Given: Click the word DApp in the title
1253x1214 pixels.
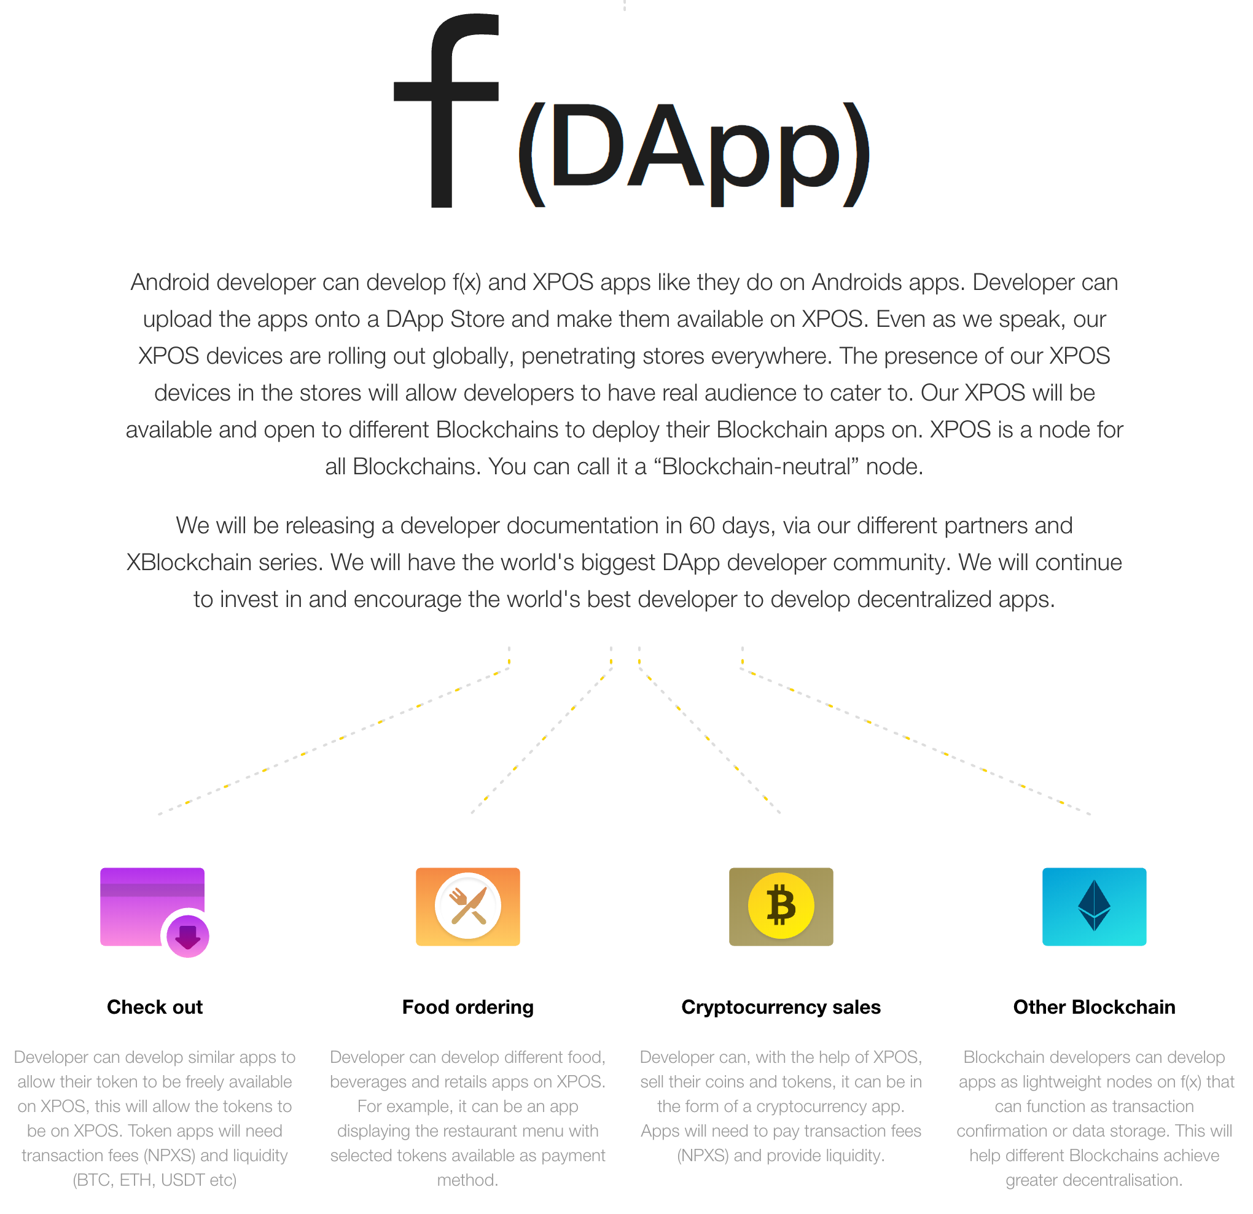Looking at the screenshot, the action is pyautogui.click(x=693, y=154).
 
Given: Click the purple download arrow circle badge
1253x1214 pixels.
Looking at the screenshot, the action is pyautogui.click(x=188, y=936).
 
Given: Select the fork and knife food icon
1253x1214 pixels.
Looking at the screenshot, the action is pyautogui.click(x=468, y=906).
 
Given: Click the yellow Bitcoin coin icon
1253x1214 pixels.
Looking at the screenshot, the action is pyautogui.click(x=781, y=906).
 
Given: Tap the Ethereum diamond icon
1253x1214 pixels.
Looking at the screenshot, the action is pyautogui.click(x=1094, y=906).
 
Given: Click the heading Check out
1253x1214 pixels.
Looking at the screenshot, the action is pyautogui.click(x=155, y=1007).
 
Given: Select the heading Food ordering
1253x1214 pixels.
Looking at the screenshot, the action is pyautogui.click(x=468, y=1007).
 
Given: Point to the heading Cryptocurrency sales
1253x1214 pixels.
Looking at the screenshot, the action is pyautogui.click(x=781, y=1007).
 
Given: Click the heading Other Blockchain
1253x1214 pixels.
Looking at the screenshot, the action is pyautogui.click(x=1094, y=1007).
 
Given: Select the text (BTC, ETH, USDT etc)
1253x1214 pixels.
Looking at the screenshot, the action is pyautogui.click(x=155, y=1180).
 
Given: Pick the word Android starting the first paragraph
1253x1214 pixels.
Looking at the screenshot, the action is pyautogui.click(x=170, y=282).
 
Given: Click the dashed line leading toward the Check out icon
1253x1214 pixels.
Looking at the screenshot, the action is pyautogui.click(x=332, y=742).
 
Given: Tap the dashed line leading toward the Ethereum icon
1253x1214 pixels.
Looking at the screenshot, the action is pyautogui.click(x=914, y=742).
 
